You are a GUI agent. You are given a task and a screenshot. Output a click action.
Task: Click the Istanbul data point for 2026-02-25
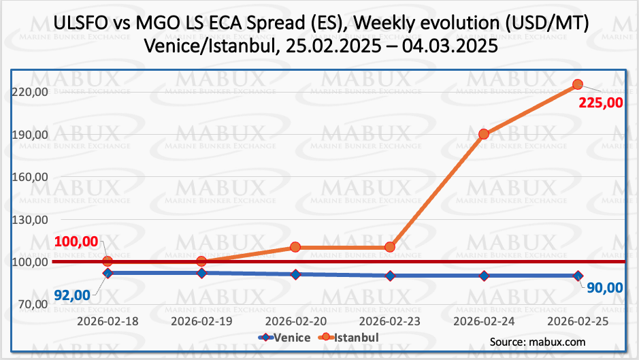(x=578, y=84)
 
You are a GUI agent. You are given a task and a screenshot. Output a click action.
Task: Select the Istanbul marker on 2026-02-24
(x=484, y=134)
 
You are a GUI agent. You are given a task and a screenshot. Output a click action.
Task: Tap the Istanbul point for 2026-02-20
(x=295, y=247)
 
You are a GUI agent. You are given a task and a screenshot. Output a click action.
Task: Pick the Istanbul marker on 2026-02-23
(x=390, y=247)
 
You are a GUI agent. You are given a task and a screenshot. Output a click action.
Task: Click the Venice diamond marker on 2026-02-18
(x=108, y=273)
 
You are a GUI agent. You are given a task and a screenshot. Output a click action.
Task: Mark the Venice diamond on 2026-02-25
(x=578, y=276)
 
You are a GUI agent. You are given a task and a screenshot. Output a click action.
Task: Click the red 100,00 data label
(x=76, y=242)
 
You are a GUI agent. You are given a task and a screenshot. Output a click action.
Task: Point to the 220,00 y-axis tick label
(x=30, y=92)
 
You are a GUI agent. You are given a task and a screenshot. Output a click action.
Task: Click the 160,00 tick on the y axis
(x=30, y=177)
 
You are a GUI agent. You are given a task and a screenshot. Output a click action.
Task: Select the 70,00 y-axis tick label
(x=30, y=304)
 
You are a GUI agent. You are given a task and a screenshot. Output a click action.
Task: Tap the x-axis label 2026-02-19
(x=201, y=320)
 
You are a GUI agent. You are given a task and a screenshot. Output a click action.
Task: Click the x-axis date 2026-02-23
(x=390, y=320)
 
